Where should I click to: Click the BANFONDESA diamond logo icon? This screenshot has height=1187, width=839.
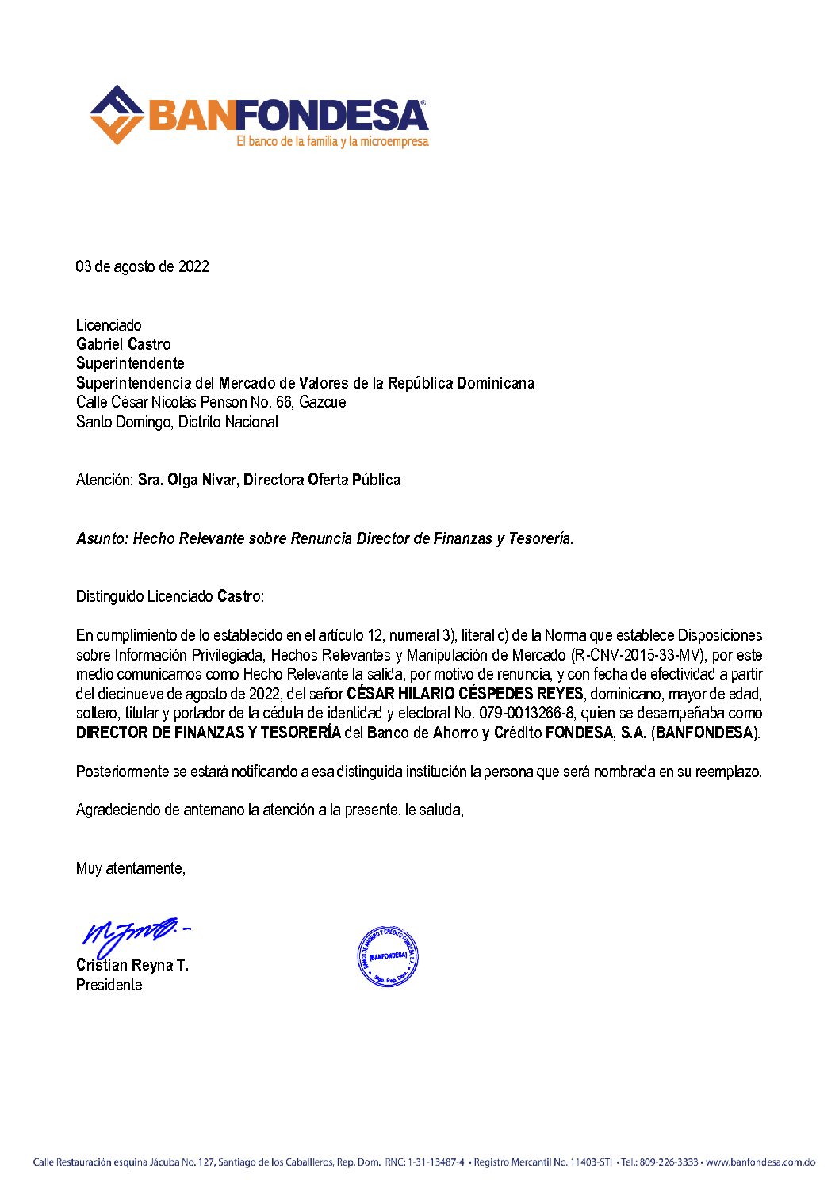coord(117,115)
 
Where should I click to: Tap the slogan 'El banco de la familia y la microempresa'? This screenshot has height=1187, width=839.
coord(332,142)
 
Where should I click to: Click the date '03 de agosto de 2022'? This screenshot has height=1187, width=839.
coord(143,266)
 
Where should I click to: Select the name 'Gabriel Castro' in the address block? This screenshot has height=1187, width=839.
coord(124,344)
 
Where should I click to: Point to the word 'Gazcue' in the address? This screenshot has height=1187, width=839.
coord(322,402)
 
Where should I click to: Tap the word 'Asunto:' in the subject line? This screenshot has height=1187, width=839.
coord(102,538)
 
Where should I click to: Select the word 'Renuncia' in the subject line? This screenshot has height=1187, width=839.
coord(321,538)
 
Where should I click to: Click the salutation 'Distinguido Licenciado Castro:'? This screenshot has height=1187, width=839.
coord(170,596)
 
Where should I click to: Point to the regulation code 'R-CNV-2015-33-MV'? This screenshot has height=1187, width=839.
coord(638,655)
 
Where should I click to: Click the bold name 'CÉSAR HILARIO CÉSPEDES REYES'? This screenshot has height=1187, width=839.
coord(465,694)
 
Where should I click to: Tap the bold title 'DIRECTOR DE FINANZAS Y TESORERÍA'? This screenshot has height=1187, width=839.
coord(209,733)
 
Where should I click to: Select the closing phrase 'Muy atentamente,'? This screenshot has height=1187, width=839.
coord(131,868)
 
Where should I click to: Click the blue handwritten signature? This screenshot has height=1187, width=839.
coord(135,936)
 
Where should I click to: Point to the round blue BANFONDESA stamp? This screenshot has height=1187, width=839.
coord(387,956)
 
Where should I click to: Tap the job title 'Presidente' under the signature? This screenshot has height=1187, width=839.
coord(109,985)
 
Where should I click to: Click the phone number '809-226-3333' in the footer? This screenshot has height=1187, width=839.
coord(669,1162)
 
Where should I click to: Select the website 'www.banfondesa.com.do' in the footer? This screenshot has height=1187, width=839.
coord(760,1162)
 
